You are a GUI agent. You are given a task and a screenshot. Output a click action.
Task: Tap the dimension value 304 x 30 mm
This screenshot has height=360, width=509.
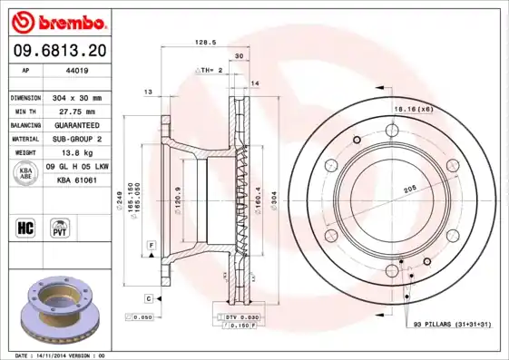(76, 97)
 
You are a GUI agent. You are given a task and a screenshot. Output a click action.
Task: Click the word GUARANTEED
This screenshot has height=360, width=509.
(76, 124)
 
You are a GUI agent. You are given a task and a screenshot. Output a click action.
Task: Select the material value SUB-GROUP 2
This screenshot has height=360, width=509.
(76, 139)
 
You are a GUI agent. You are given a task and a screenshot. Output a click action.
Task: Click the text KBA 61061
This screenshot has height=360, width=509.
(76, 180)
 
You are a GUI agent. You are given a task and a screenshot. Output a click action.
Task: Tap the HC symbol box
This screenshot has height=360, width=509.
(26, 226)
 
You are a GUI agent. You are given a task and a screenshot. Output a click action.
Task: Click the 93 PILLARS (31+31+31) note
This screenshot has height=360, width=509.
(452, 324)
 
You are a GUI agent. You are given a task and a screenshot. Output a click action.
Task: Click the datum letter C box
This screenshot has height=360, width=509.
(147, 297)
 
